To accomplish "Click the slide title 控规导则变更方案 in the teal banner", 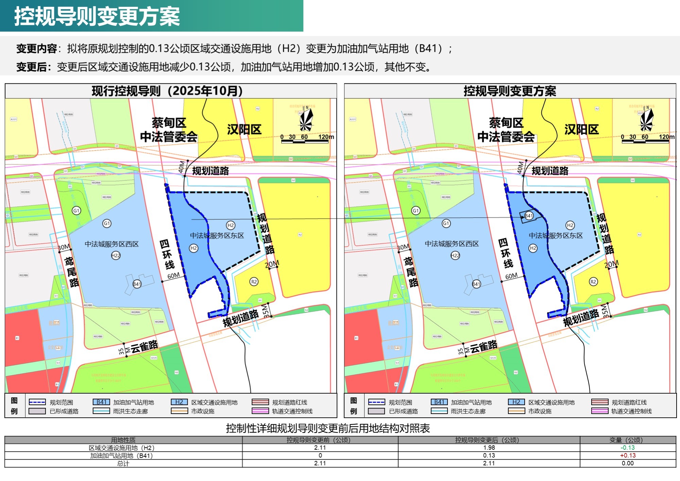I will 97,16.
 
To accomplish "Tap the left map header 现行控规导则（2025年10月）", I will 167,91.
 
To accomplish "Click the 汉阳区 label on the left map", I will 244,130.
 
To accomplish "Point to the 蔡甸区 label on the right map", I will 506,123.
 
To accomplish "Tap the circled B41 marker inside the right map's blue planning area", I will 529,216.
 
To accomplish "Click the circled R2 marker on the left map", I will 254,282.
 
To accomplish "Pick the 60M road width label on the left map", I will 173,276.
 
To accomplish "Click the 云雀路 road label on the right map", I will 483,346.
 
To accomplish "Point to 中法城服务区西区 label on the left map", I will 112,244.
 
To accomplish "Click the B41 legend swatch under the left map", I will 101,402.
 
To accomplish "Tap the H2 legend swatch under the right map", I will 516,402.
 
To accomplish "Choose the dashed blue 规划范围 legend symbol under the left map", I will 37,402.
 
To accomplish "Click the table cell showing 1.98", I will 489,448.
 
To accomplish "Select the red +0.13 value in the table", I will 628,455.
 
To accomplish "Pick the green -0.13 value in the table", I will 628,448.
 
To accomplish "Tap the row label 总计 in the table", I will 123,463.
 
